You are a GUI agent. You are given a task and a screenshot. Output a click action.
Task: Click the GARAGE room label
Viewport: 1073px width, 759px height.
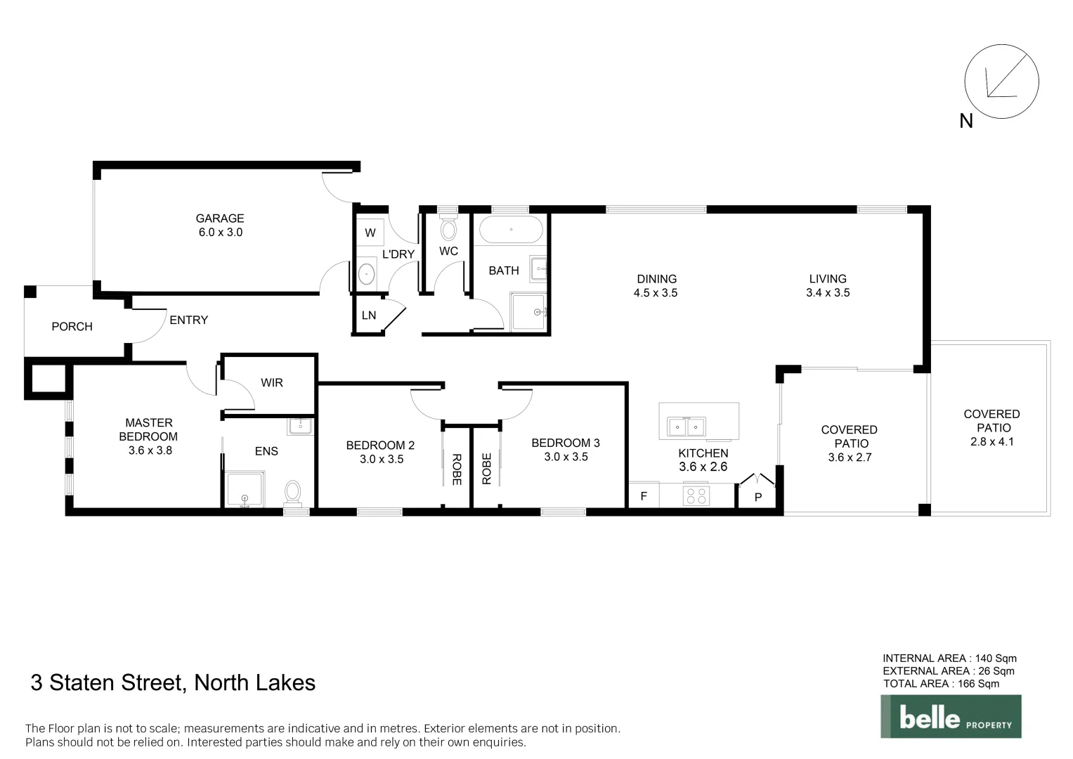(x=220, y=219)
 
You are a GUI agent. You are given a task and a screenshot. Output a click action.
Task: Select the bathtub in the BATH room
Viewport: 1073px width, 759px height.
(x=511, y=229)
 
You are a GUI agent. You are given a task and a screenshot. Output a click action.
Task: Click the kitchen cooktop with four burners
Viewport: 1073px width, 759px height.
(x=697, y=495)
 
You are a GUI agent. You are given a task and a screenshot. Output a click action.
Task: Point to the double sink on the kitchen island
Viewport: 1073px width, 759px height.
(x=686, y=427)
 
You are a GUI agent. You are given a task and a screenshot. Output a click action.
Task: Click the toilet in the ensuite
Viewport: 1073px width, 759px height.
(x=293, y=492)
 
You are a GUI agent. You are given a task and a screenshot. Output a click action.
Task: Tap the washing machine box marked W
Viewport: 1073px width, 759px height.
(x=370, y=233)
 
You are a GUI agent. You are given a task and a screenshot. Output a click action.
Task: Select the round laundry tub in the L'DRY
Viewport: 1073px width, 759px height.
(x=366, y=274)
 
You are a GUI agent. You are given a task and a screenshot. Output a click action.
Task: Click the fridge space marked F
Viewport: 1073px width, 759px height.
(x=644, y=496)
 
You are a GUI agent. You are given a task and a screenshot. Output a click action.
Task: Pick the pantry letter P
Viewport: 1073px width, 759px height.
(x=758, y=498)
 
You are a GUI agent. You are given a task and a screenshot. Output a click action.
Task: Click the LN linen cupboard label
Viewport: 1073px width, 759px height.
(x=369, y=316)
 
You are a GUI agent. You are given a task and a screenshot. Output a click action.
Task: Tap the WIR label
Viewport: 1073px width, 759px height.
(x=272, y=383)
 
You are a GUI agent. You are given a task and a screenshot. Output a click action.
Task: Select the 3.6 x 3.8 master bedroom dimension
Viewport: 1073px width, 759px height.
(x=150, y=450)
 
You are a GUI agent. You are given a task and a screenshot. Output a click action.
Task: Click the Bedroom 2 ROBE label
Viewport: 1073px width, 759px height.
(x=457, y=469)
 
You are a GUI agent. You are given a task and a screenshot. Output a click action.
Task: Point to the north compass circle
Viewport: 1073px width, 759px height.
(x=1001, y=82)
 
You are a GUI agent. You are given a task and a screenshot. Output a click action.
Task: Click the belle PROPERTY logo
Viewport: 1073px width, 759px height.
(x=951, y=717)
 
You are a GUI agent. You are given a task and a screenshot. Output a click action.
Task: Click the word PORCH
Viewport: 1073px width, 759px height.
(x=72, y=327)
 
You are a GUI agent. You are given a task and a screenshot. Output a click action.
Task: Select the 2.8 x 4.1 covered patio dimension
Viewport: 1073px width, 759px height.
(x=992, y=442)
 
